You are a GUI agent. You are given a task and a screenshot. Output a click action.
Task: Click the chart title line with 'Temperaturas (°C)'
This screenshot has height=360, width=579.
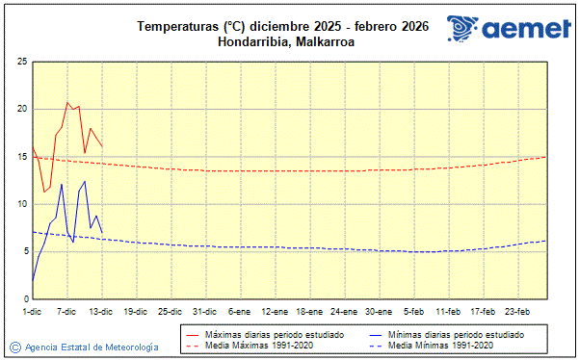(283, 26)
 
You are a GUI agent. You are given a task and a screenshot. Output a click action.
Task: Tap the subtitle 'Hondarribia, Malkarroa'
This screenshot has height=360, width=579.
(283, 41)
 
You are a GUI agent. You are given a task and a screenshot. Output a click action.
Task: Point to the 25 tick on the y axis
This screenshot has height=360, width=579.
(21, 62)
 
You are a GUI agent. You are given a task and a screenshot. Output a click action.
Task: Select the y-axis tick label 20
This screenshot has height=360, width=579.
(21, 109)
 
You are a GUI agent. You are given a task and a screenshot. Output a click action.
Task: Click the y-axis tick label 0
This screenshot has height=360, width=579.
(24, 299)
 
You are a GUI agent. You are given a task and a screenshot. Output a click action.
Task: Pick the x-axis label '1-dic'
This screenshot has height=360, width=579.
(32, 312)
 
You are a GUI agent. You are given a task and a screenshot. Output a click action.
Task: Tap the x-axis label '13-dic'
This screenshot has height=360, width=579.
(101, 312)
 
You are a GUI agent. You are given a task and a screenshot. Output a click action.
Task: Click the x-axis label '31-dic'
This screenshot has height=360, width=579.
(204, 312)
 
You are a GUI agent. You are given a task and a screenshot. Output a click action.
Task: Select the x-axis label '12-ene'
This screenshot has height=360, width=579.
(275, 312)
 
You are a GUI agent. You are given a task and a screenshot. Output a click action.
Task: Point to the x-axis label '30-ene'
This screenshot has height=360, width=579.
(379, 312)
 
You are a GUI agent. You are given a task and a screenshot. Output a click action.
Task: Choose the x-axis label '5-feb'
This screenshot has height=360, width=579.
(414, 312)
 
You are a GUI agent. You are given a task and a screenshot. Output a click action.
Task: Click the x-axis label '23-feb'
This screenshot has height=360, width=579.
(517, 312)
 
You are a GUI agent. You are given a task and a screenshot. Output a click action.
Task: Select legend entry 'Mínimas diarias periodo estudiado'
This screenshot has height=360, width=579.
(449, 334)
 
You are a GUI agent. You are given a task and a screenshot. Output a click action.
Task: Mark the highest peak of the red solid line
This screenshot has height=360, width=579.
(67, 102)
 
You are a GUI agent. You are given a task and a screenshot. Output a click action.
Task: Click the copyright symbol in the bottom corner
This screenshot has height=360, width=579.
(14, 347)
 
